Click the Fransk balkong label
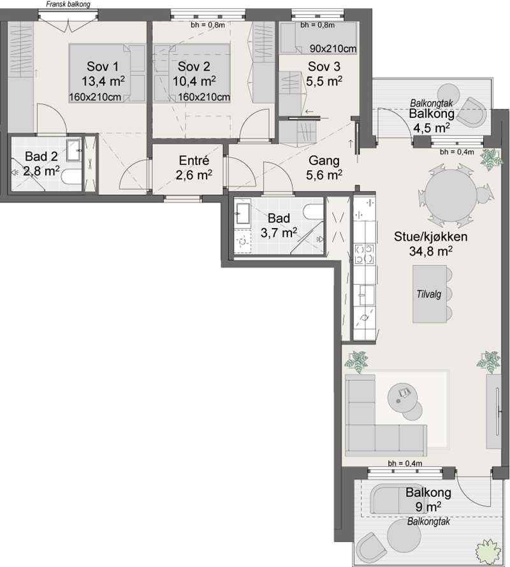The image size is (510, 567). tap(68, 4)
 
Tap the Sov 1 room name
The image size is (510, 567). tap(103, 66)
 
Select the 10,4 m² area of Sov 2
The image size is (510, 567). tap(194, 81)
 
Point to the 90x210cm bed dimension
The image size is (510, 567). tap(333, 48)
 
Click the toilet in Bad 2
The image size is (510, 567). tap(71, 177)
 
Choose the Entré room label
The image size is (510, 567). tap(194, 160)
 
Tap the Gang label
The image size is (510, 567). tap(324, 160)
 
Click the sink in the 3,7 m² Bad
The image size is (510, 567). tap(242, 213)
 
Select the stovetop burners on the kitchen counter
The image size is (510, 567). tap(364, 254)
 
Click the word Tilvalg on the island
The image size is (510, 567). tap(429, 294)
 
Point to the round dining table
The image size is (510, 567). tap(451, 196)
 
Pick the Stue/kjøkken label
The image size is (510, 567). tap(430, 236)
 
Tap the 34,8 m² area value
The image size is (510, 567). tap(430, 251)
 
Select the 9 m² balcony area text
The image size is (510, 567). tap(428, 506)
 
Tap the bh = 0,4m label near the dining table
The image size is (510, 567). tap(457, 152)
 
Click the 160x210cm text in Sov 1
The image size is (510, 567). tap(95, 97)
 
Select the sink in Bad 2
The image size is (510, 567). tap(74, 150)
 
